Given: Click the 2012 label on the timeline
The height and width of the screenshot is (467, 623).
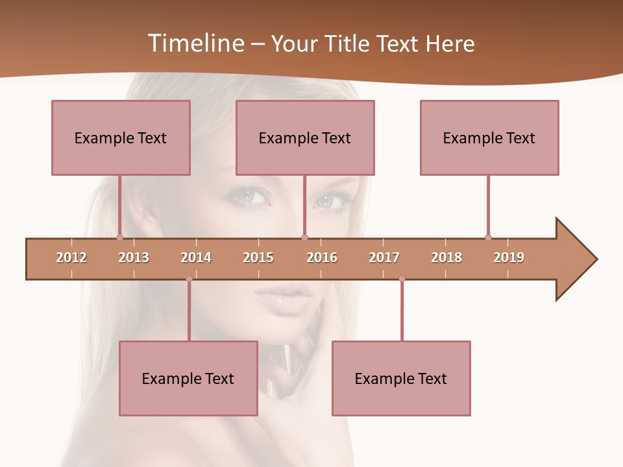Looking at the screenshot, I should (71, 257).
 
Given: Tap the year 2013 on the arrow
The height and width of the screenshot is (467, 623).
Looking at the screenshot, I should (134, 257).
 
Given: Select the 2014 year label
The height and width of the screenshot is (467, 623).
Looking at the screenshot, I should (196, 257).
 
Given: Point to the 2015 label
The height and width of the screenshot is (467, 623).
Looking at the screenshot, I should (258, 257).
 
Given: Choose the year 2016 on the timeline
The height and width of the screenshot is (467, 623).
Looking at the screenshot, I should (322, 257).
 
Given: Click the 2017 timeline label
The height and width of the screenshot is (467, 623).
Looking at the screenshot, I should (384, 257).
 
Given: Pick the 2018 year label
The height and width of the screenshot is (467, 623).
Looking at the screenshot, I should (446, 257).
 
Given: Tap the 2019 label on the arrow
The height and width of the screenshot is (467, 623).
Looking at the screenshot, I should (509, 257).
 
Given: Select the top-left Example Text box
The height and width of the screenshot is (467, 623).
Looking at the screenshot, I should (121, 138).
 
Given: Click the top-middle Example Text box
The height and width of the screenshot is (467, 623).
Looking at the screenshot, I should (305, 138).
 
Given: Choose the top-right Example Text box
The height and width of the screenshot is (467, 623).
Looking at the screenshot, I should (489, 138).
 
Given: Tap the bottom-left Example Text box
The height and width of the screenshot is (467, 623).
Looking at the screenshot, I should (188, 378).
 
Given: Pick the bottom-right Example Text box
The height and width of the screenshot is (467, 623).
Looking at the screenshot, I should (401, 378).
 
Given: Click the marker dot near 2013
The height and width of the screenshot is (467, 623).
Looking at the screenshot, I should (119, 238).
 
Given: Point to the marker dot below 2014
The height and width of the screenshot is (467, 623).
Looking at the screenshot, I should (189, 279).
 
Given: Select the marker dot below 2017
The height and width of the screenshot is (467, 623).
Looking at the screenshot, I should (402, 279).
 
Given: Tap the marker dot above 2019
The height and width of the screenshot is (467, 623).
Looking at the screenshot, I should (488, 238).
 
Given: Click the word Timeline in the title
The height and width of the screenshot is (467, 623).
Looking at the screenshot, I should (195, 43).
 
